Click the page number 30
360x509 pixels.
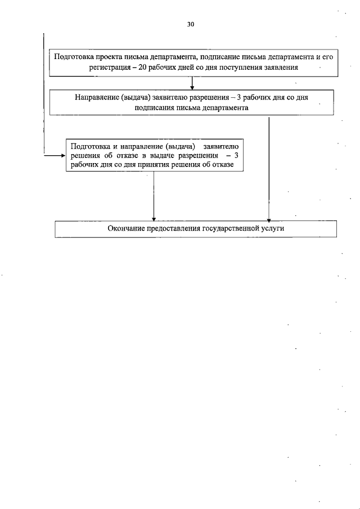click(190, 25)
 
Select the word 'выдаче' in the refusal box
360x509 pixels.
click(139, 155)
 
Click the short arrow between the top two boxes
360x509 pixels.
click(192, 83)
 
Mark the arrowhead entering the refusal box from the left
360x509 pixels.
click(62, 155)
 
